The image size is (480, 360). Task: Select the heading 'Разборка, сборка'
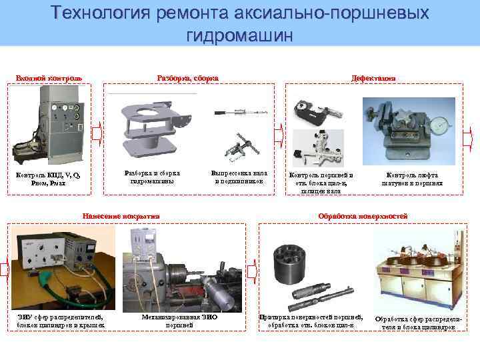(x=187, y=78)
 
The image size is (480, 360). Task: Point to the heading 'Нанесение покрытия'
(x=121, y=216)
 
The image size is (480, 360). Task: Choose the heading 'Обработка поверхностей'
(x=363, y=216)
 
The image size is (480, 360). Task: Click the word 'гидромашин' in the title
(x=240, y=35)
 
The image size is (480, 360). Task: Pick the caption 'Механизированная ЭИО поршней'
(x=179, y=321)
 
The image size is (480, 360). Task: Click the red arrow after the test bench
(x=97, y=133)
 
